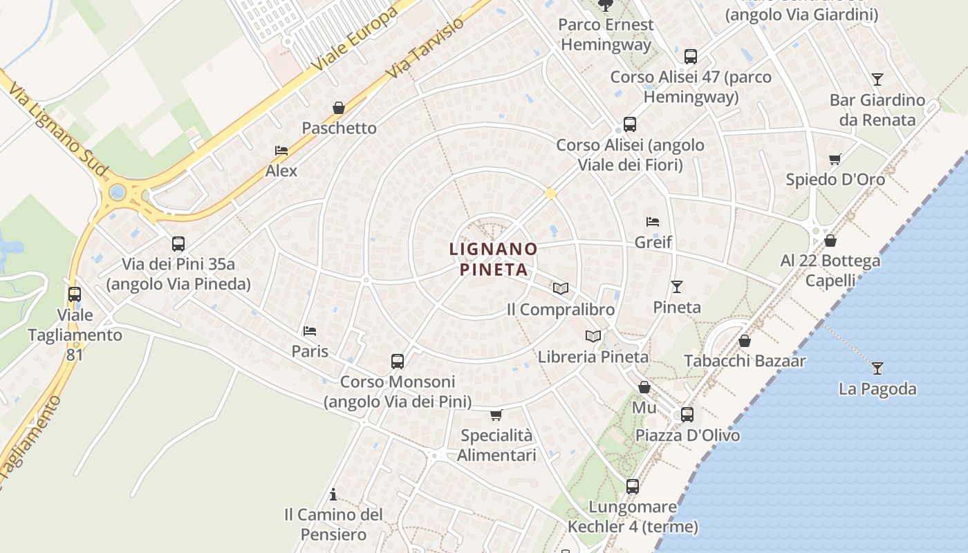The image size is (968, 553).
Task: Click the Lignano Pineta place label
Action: (x=494, y=259)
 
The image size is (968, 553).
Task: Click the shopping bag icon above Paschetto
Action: (x=339, y=108)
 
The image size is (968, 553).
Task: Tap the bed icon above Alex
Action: (x=281, y=150)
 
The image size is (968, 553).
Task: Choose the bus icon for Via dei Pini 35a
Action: (x=178, y=243)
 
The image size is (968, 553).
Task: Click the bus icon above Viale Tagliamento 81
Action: (x=75, y=294)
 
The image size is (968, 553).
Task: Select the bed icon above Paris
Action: (x=310, y=331)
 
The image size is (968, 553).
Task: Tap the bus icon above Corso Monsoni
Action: (x=398, y=361)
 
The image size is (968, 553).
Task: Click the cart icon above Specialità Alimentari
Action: (x=496, y=415)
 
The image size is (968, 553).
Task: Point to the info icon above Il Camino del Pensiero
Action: (x=333, y=494)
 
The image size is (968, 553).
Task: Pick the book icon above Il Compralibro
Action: (x=561, y=288)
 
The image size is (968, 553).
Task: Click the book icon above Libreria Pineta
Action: (x=593, y=336)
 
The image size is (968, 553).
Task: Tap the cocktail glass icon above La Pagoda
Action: (x=877, y=368)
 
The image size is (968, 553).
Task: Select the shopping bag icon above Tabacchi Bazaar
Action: (x=745, y=340)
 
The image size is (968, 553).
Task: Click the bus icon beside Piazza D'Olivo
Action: (x=687, y=415)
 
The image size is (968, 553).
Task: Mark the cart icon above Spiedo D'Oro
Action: (x=835, y=159)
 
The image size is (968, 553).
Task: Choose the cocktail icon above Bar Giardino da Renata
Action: (x=877, y=79)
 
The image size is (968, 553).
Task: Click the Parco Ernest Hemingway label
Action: (x=606, y=35)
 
